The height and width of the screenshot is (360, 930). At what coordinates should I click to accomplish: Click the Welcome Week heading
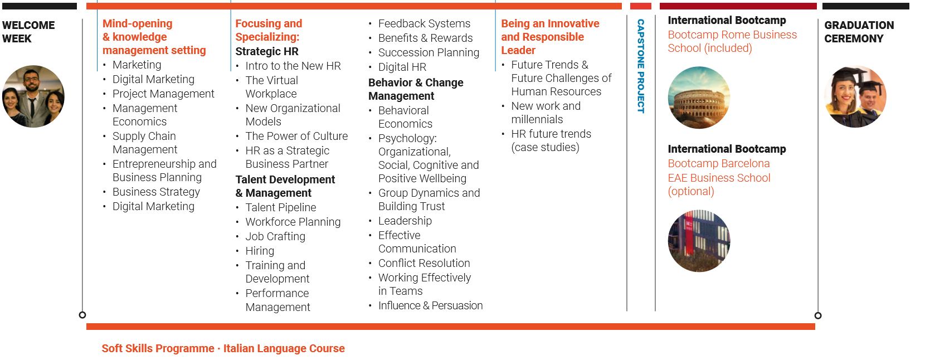click(28, 32)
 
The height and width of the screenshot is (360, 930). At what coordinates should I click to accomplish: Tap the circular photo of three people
click(33, 96)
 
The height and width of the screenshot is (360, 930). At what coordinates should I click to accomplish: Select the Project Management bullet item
click(163, 94)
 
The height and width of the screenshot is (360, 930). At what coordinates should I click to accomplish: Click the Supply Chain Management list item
click(145, 143)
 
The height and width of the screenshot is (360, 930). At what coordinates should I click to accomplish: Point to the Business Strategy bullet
click(156, 192)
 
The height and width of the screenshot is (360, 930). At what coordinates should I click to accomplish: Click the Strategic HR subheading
click(267, 51)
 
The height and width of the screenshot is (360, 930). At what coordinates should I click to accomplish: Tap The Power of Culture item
click(296, 136)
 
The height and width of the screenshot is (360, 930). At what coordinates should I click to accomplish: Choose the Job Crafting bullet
click(275, 237)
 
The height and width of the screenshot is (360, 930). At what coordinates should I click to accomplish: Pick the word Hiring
click(260, 251)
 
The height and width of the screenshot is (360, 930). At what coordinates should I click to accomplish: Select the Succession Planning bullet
click(429, 53)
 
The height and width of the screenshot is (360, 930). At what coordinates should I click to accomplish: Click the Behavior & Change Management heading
click(416, 89)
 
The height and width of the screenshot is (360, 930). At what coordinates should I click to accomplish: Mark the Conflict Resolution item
click(424, 263)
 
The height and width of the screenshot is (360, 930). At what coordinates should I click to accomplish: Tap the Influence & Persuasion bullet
click(430, 305)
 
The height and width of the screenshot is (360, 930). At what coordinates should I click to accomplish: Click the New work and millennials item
click(546, 113)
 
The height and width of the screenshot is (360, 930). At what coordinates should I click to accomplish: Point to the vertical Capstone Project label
click(641, 66)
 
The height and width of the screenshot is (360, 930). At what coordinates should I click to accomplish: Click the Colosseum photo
click(699, 98)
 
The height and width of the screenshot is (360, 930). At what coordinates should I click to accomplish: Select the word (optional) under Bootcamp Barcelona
click(691, 191)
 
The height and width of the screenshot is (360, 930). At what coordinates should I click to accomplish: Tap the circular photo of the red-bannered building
click(699, 241)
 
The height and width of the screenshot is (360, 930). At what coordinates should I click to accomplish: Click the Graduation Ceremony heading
click(859, 32)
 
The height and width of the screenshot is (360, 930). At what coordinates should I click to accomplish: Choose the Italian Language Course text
click(284, 348)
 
